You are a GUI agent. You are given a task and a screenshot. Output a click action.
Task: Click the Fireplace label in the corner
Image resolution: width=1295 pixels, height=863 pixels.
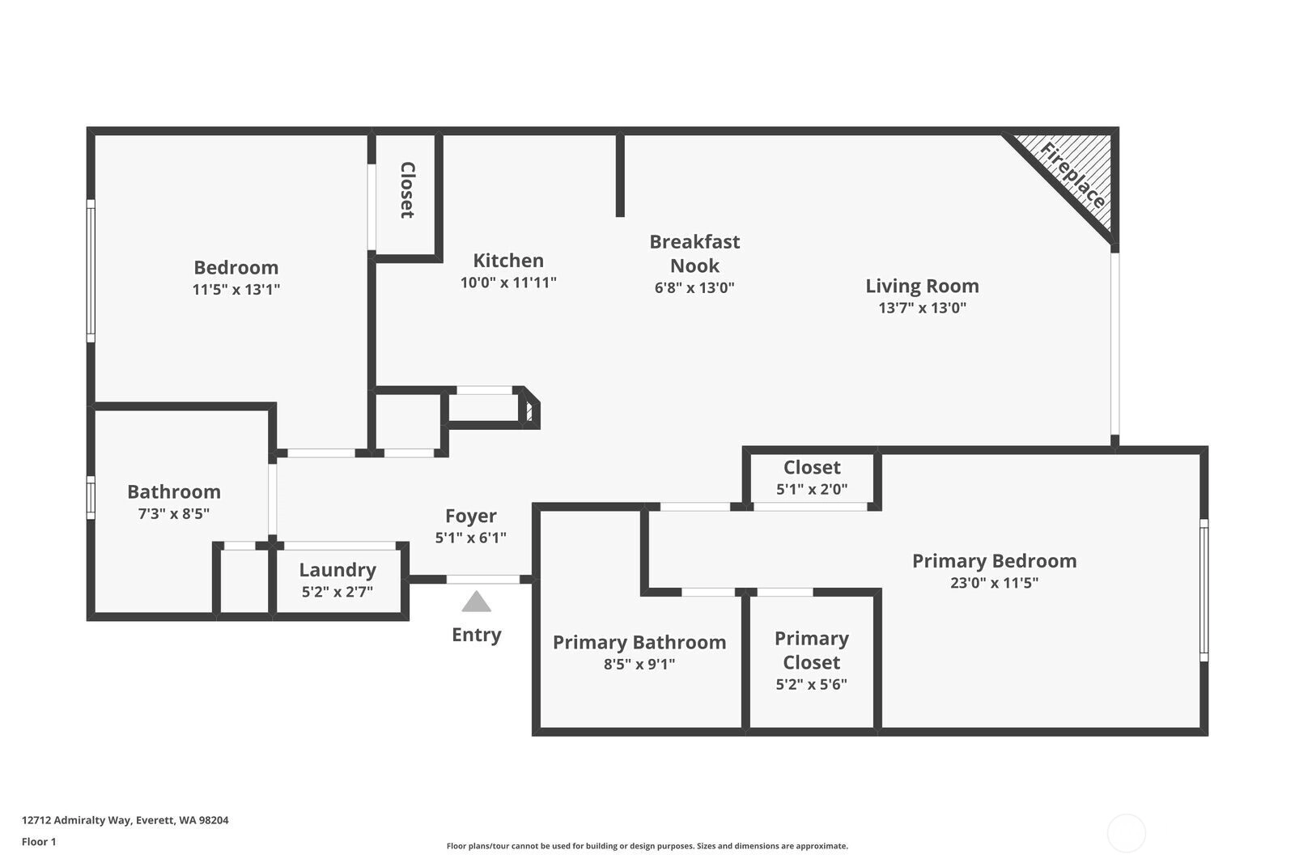[x=1072, y=175]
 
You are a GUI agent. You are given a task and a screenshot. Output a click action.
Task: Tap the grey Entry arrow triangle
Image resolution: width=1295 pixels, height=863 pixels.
[x=477, y=602]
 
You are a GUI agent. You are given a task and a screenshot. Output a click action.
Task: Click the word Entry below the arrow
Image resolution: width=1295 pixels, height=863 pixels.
[x=477, y=635]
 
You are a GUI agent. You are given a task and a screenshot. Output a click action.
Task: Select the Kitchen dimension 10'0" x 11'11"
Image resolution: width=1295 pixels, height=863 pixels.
[x=508, y=283]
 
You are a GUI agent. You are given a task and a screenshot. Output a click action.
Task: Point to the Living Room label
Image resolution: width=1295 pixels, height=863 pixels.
[x=922, y=286]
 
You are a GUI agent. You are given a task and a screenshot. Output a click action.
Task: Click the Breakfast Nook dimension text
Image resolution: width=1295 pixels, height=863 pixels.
[x=694, y=287]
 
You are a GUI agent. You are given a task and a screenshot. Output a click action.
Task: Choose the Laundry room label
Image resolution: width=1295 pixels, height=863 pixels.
[x=338, y=570]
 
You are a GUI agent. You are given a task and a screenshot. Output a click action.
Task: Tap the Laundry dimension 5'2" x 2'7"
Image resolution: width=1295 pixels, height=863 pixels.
[x=338, y=592]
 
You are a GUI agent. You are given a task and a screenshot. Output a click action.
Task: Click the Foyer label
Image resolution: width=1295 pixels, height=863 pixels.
[x=470, y=516]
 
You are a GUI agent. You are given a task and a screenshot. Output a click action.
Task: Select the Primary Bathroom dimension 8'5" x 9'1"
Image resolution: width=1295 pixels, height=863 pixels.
[x=639, y=664]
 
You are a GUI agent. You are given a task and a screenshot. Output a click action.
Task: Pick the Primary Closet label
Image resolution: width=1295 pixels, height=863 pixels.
[x=812, y=650]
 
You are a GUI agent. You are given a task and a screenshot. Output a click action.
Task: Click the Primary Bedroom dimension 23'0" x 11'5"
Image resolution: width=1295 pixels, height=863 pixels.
[x=995, y=582]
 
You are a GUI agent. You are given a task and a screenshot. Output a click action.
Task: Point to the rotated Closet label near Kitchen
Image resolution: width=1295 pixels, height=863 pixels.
[x=408, y=190]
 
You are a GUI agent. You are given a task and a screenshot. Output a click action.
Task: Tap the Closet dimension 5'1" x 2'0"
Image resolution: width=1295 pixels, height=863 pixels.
[x=812, y=489]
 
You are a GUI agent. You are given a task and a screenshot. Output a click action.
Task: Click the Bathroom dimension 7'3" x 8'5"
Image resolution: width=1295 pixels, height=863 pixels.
[x=174, y=513]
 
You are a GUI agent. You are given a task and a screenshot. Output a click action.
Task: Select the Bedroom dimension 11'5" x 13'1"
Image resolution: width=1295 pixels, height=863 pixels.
[x=236, y=289]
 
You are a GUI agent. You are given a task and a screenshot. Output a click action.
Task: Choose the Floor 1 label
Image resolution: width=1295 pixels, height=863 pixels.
[x=39, y=842]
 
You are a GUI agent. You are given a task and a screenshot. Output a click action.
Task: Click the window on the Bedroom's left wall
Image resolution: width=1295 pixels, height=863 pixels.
[x=91, y=270]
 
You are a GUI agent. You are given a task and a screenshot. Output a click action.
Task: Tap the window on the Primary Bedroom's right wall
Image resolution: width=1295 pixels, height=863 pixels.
[x=1204, y=590]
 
